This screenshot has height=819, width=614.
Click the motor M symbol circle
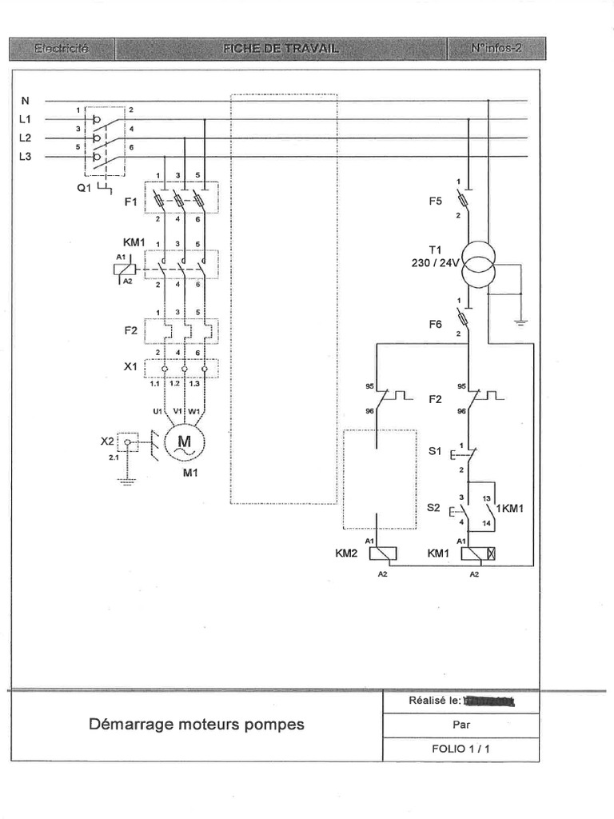185,441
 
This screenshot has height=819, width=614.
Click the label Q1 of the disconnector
84,190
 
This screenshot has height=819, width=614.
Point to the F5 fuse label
435,202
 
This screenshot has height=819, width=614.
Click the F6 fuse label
435,324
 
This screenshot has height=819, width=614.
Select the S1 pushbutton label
435,451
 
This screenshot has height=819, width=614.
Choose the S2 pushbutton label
435,507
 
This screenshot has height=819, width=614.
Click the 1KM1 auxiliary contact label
509,508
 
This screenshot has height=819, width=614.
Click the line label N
26,101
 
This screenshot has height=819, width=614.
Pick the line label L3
26,157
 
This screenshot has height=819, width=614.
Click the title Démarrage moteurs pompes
196,725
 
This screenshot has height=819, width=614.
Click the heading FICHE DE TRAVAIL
281,49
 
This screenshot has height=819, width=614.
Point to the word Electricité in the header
62,49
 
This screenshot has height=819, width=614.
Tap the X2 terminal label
107,440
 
